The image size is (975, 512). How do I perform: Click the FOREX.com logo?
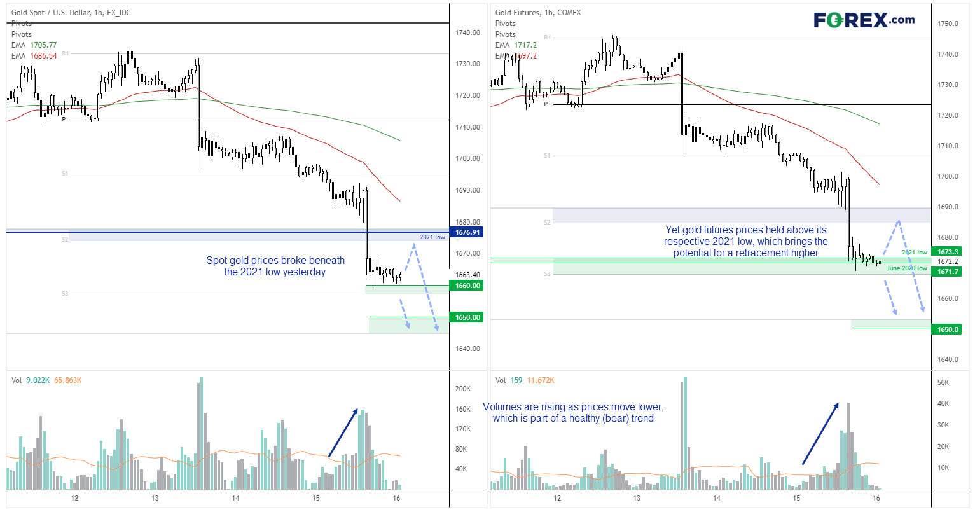pyautogui.click(x=864, y=20)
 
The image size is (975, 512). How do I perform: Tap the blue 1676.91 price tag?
pyautogui.click(x=467, y=232)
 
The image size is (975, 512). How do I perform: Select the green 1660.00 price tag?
pyautogui.click(x=467, y=286)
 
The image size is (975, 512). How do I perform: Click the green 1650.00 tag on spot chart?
pyautogui.click(x=467, y=317)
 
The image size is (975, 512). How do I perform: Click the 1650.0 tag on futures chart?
pyautogui.click(x=948, y=329)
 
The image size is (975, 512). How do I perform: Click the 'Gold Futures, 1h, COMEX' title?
pyautogui.click(x=538, y=13)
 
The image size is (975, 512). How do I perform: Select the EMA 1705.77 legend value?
pyautogui.click(x=43, y=45)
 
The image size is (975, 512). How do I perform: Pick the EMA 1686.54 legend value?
pyautogui.click(x=43, y=56)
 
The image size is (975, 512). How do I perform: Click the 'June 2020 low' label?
pyautogui.click(x=906, y=268)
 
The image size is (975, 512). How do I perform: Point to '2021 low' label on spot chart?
pyautogui.click(x=432, y=237)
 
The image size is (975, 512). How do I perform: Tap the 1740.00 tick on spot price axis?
pyautogui.click(x=467, y=32)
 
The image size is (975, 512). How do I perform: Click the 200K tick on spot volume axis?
pyautogui.click(x=462, y=389)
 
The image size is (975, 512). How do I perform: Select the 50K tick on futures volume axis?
pyautogui.click(x=943, y=382)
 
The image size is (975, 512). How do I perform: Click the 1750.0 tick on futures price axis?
pyautogui.click(x=948, y=24)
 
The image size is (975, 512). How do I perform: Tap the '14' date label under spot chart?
pyautogui.click(x=235, y=498)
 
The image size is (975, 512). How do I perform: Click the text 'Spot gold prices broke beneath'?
pyautogui.click(x=275, y=260)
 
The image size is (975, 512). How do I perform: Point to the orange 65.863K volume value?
pyautogui.click(x=67, y=380)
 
